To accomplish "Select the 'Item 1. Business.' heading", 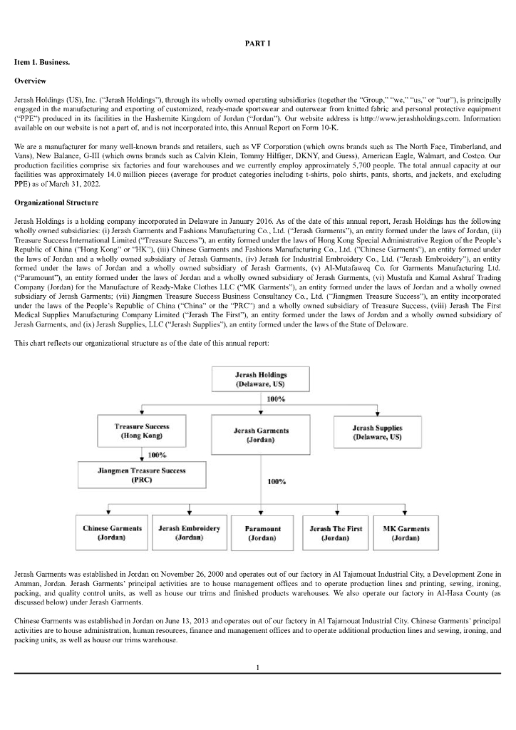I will pyautogui.click(x=39, y=62).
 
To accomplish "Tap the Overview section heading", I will pyautogui.click(x=30, y=81).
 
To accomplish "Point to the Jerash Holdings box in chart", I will pyautogui.click(x=261, y=379).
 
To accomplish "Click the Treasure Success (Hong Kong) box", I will pyautogui.click(x=141, y=431).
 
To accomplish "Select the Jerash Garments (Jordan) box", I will pyautogui.click(x=261, y=435).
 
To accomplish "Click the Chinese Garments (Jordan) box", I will pyautogui.click(x=112, y=533).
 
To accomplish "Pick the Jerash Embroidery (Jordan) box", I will pyautogui.click(x=188, y=533).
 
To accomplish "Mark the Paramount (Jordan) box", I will pyautogui.click(x=262, y=533).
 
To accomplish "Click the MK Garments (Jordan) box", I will pyautogui.click(x=406, y=533).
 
